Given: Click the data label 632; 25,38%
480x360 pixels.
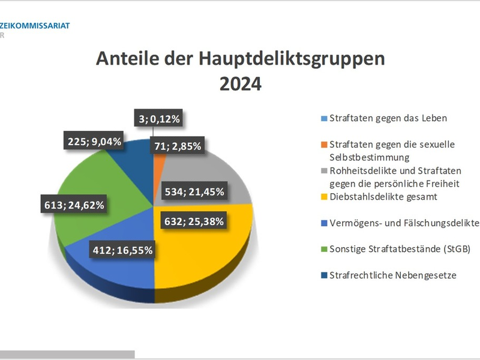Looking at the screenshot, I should tap(194, 221).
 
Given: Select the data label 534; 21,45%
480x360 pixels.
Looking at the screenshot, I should tap(194, 192).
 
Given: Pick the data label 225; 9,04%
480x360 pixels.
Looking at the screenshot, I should tap(93, 142).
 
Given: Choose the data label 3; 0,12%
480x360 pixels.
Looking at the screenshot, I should tap(159, 119).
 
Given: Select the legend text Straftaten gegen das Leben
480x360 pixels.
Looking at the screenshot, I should tap(388, 118).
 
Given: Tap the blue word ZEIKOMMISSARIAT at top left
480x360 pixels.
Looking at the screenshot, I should tap(35, 26).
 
